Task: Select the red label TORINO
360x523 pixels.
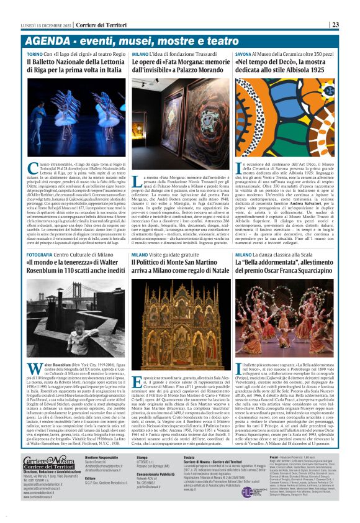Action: [x=35, y=55]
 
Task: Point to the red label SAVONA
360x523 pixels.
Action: [x=245, y=55]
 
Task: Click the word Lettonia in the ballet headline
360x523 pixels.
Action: [x=106, y=62]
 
